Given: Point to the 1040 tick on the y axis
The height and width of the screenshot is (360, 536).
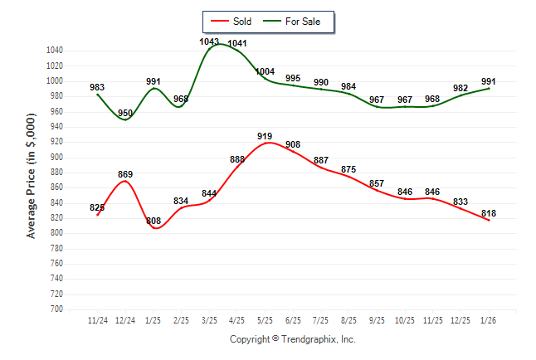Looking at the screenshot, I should point(55,51).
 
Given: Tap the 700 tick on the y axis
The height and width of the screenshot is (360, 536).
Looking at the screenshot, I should point(56,309).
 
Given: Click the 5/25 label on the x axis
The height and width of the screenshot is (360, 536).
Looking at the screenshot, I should point(265,319).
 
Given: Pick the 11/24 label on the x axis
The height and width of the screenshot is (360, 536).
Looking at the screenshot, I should point(97,319).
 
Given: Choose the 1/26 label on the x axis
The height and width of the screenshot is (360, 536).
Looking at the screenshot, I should point(489,319).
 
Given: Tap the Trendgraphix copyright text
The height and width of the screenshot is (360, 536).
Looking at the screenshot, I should point(292,339).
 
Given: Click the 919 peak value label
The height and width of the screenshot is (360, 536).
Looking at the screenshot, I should point(265,136).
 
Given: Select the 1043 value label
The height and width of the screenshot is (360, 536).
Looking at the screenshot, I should point(209,41).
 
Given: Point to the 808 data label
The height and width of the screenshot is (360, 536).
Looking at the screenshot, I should point(153,221).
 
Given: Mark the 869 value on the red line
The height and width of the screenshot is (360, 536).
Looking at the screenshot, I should point(125,174).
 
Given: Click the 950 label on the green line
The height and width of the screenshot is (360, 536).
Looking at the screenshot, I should point(125,113).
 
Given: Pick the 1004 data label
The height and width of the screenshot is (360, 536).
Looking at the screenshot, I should point(265,71).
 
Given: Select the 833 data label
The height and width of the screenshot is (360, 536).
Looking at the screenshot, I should point(460,202).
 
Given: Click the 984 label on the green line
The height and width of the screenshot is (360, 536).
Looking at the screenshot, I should point(348,86).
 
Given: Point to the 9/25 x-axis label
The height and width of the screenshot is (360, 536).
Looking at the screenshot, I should point(377,319).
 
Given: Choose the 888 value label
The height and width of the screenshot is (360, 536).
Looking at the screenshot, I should point(237,159).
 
